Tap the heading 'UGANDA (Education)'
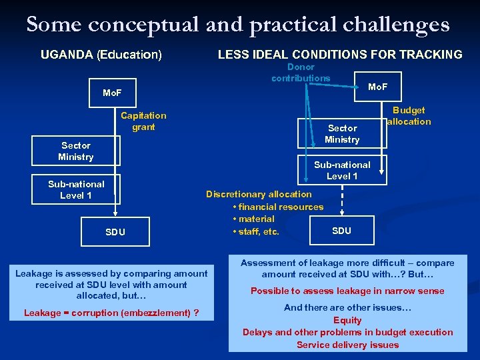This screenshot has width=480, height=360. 101,55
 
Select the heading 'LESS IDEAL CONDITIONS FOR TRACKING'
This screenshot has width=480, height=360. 340,55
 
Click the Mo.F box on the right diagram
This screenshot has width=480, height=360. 377,87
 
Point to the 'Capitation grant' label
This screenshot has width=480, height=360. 143,121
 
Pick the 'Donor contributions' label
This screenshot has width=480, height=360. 301,73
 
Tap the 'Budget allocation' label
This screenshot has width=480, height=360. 409,116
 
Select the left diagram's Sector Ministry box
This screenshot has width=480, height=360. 76,151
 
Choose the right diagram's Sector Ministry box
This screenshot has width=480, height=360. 342,134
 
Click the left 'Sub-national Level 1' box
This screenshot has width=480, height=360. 76,190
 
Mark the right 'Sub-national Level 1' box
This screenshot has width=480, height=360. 342,171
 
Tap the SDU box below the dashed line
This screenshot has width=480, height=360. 341,231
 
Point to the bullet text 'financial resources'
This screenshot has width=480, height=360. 281,207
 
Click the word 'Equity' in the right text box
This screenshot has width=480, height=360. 347,320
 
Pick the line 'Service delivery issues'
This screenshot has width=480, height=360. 347,345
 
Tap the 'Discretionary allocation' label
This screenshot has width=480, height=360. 259,194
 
